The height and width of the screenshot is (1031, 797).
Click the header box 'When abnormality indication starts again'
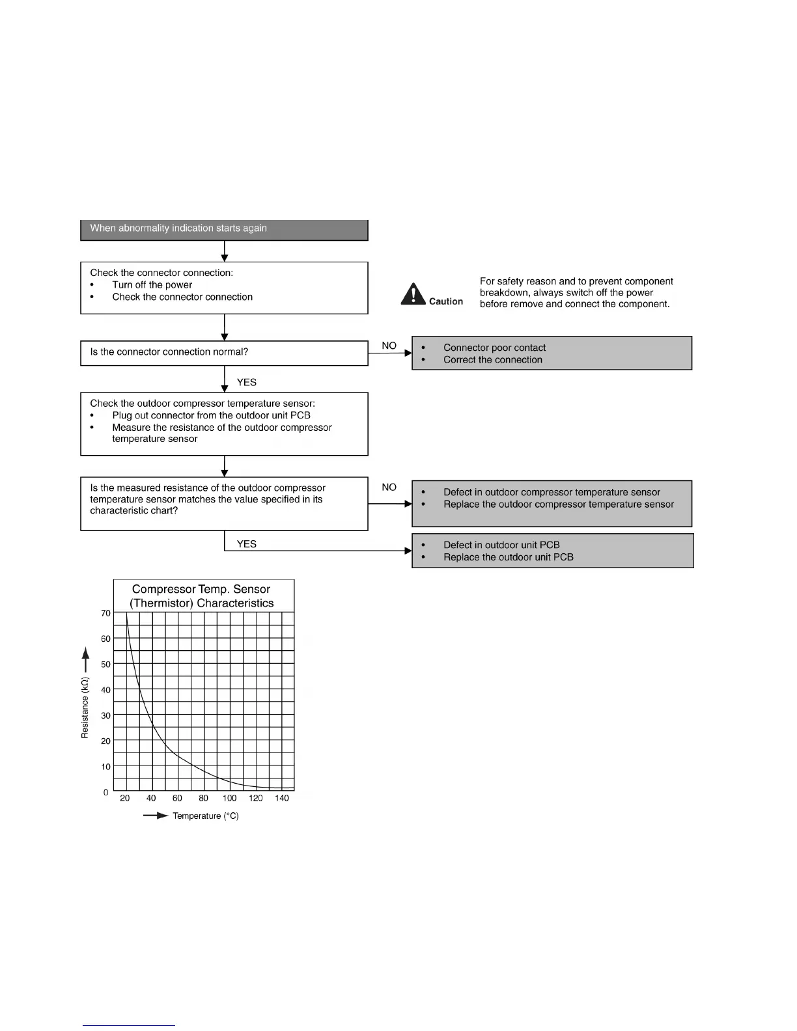pyautogui.click(x=224, y=229)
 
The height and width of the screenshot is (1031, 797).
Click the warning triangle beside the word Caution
pyautogui.click(x=413, y=295)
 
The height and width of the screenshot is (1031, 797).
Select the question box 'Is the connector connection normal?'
pyautogui.click(x=224, y=353)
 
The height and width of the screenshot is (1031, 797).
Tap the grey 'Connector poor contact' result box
pyautogui.click(x=552, y=353)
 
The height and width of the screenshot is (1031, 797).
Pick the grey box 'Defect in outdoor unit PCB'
pyautogui.click(x=552, y=551)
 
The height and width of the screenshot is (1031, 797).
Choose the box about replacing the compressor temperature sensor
pyautogui.click(x=552, y=504)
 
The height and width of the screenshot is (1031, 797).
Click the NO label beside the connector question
pyautogui.click(x=389, y=346)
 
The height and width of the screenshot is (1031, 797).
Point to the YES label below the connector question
pyautogui.click(x=247, y=382)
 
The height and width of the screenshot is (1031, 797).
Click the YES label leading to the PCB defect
pyautogui.click(x=247, y=544)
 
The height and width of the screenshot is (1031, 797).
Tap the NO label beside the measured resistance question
pyautogui.click(x=389, y=487)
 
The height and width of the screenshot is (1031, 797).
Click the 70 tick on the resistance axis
pyautogui.click(x=105, y=613)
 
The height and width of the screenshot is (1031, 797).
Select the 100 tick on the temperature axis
pyautogui.click(x=229, y=799)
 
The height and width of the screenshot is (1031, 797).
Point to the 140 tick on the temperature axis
pyautogui.click(x=281, y=799)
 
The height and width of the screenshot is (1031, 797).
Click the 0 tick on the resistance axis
pyautogui.click(x=105, y=792)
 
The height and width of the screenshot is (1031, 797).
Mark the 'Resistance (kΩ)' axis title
pyautogui.click(x=85, y=708)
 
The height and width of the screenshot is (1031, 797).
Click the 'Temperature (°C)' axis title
pyautogui.click(x=205, y=816)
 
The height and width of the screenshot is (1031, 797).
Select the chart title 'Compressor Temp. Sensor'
pyautogui.click(x=201, y=589)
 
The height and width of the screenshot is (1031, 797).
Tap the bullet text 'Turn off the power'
pyautogui.click(x=152, y=285)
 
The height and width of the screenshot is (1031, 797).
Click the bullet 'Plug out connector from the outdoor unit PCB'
pyautogui.click(x=211, y=415)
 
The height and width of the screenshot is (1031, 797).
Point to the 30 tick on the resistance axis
pyautogui.click(x=105, y=715)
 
